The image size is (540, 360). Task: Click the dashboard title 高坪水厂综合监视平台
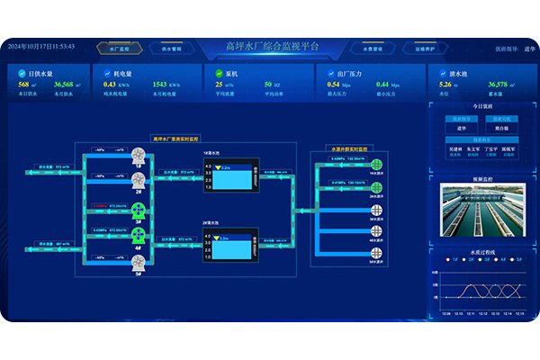pos(270,46)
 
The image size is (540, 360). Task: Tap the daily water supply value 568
pos(24,84)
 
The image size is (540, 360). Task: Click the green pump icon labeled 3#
pos(139,211)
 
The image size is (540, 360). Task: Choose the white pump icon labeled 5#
pos(139,263)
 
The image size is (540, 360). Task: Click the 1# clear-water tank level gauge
pos(231,177)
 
